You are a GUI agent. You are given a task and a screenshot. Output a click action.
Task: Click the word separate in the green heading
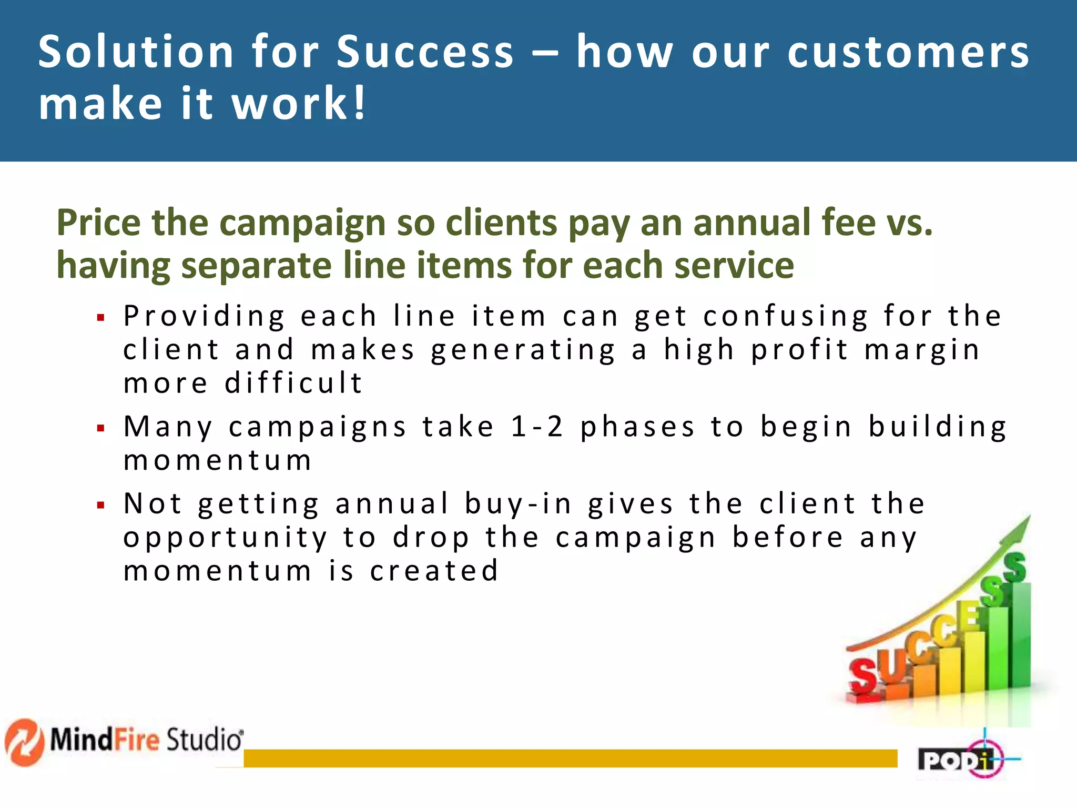tap(257, 265)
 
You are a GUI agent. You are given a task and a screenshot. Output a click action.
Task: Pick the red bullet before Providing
tap(101, 318)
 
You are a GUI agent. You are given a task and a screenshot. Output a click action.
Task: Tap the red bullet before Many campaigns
tap(101, 428)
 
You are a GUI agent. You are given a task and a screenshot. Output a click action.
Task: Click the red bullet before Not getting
tap(101, 506)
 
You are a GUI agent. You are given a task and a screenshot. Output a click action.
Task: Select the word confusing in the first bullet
tap(786, 317)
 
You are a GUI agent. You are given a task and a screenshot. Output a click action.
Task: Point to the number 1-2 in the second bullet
tap(537, 426)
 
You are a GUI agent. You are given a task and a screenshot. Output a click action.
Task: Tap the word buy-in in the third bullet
tap(517, 504)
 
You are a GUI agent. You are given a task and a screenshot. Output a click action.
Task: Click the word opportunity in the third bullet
tap(226, 538)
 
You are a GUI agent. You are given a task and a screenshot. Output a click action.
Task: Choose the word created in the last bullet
tap(434, 571)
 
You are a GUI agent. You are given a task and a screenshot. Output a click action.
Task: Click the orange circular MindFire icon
tap(24, 742)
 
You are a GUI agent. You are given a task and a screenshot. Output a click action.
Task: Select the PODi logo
tap(962, 759)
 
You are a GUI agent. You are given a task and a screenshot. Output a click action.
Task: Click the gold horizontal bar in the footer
tap(570, 758)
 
